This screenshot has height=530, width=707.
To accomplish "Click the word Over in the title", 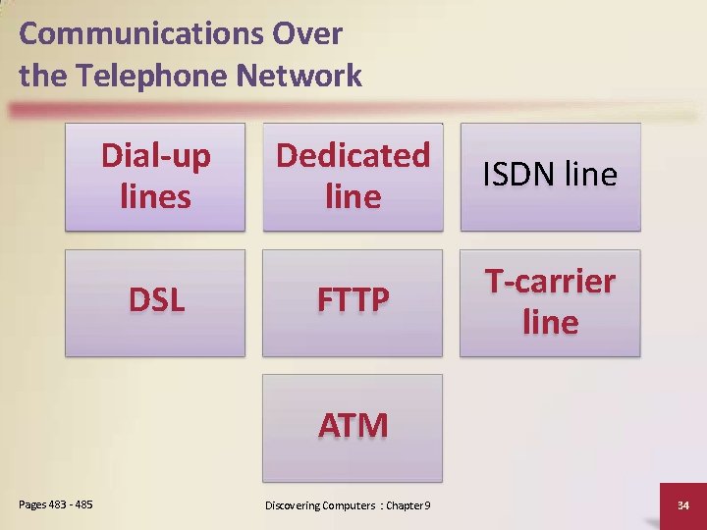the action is tap(309, 33).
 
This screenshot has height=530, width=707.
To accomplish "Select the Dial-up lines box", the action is tap(155, 176).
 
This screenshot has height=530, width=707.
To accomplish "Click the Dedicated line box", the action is tap(353, 176).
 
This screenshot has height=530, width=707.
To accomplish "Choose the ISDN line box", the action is tap(550, 176).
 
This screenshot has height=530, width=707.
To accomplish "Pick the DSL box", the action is tap(155, 301).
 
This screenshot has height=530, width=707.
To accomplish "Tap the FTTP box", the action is tap(353, 301).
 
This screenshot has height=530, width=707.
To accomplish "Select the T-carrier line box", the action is tap(550, 301).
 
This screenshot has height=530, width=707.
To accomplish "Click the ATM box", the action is tap(353, 426).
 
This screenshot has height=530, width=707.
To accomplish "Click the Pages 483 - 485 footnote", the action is tap(56, 504).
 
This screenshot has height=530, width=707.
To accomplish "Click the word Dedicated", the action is tap(353, 155).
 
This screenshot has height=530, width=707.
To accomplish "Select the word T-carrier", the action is tap(551, 282).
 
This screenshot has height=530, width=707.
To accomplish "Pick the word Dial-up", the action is tap(156, 155).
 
